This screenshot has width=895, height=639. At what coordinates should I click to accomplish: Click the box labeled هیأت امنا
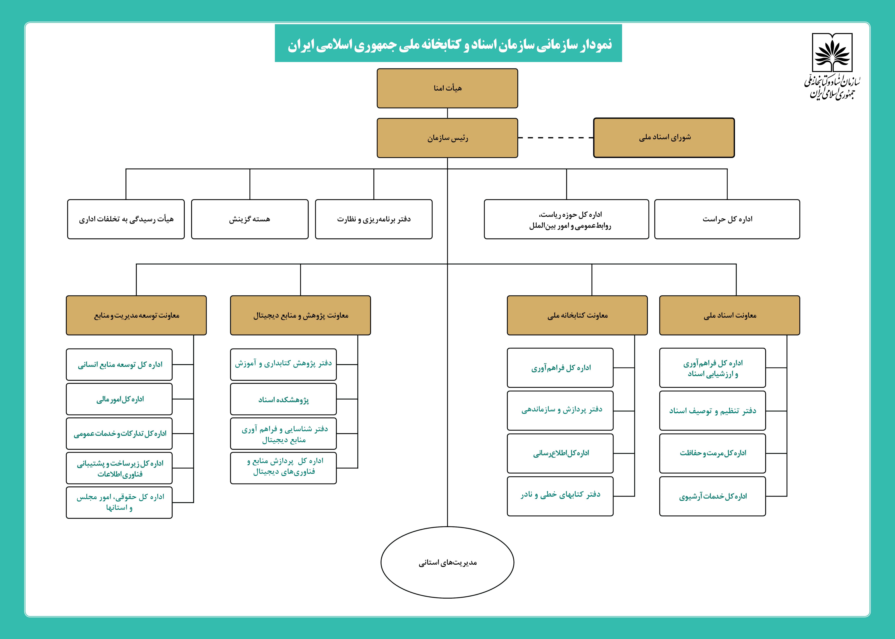(x=447, y=88)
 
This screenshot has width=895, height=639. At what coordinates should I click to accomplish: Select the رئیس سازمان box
(x=447, y=138)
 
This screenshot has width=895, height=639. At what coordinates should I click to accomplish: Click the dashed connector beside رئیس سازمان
(x=555, y=138)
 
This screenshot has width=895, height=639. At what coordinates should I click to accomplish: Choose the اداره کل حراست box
(x=727, y=219)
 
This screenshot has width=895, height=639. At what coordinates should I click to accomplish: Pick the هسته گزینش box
(x=250, y=219)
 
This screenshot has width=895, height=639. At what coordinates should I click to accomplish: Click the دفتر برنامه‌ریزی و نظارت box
(x=373, y=219)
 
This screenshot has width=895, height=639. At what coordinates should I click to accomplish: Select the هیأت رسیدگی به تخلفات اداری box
(x=126, y=219)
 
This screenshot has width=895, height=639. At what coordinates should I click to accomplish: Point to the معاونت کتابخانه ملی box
(x=577, y=315)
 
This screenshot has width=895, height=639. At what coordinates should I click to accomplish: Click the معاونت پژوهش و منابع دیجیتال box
(x=300, y=315)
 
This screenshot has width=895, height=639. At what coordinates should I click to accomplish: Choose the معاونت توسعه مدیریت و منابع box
(x=136, y=315)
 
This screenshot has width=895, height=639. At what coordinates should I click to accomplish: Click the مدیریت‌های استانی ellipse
(x=447, y=562)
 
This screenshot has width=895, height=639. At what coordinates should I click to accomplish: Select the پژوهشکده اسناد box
(x=283, y=399)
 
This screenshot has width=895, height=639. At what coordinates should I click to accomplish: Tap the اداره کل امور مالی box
(x=119, y=399)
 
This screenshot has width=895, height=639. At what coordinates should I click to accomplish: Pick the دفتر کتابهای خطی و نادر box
(x=560, y=496)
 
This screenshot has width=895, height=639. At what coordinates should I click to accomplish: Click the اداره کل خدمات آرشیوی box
(x=712, y=496)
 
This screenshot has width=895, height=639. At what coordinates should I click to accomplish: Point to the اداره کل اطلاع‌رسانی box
(x=560, y=453)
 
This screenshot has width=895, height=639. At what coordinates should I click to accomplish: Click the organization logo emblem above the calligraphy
(x=832, y=54)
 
